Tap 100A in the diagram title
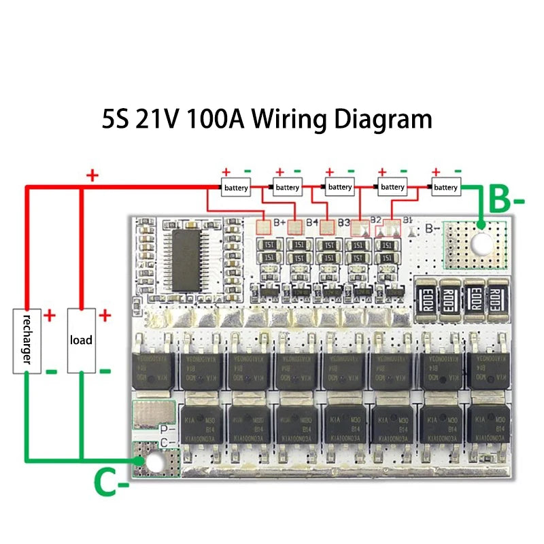[x=214, y=119]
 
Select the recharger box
[x=27, y=340]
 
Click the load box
[x=81, y=340]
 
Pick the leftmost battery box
[x=235, y=187]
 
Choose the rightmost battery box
[x=445, y=187]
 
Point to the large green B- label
[x=507, y=201]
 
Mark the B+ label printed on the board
[x=279, y=222]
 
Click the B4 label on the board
[x=312, y=222]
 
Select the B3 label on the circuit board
[x=343, y=222]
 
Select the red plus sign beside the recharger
[x=50, y=316]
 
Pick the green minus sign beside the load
[x=105, y=371]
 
